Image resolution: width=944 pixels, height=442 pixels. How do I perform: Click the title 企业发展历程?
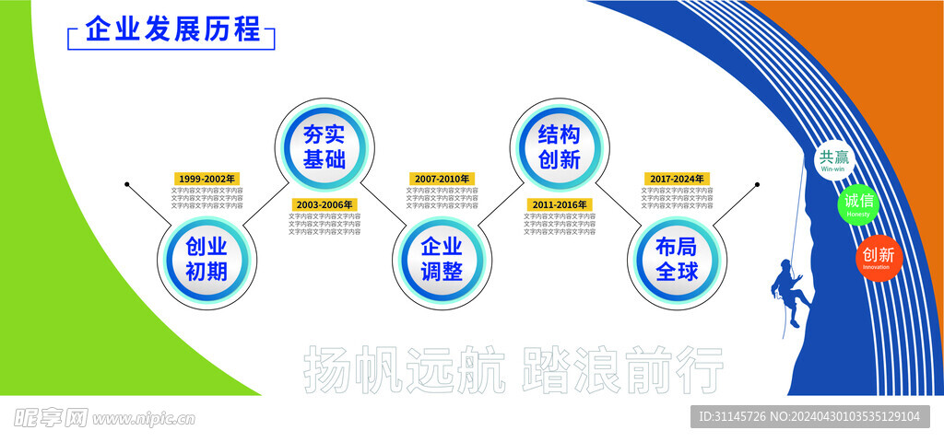172,29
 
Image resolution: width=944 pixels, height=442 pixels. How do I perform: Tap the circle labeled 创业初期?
206,259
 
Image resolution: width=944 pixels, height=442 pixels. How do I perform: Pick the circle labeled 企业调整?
441,259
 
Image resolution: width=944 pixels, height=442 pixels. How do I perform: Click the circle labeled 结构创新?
559,145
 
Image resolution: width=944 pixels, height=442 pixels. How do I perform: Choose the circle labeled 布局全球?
677,259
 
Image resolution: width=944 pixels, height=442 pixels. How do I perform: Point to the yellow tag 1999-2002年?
207,179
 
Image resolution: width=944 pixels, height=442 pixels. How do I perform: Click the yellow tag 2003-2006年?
324,204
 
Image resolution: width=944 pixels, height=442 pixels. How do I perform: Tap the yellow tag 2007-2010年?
442,179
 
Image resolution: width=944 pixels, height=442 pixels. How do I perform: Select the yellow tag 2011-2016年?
560,204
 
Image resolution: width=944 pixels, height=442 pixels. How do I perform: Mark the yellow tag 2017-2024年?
678,179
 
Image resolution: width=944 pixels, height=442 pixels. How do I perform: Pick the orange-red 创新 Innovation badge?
877,257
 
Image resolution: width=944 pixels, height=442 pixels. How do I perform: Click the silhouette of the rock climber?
790,289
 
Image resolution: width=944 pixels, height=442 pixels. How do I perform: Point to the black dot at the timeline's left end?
127,184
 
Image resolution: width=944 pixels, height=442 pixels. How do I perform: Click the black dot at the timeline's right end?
758,184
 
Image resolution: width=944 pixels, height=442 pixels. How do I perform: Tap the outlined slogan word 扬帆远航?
404,369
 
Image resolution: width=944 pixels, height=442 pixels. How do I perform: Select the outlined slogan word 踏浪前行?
623,369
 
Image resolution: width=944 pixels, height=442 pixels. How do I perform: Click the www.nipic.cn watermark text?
144,419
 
